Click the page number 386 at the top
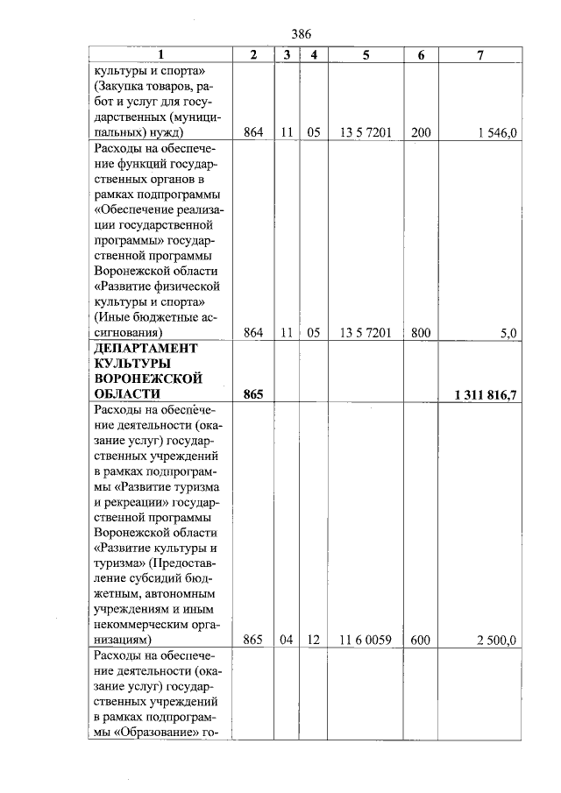point(301,33)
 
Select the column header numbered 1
point(160,55)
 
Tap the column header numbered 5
point(365,55)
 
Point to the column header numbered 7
point(480,55)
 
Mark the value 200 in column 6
point(421,132)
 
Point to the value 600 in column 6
point(421,640)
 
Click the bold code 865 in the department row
point(253,395)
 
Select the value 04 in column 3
point(286,640)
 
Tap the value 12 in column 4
point(312,640)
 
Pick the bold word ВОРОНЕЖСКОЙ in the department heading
point(147,379)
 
